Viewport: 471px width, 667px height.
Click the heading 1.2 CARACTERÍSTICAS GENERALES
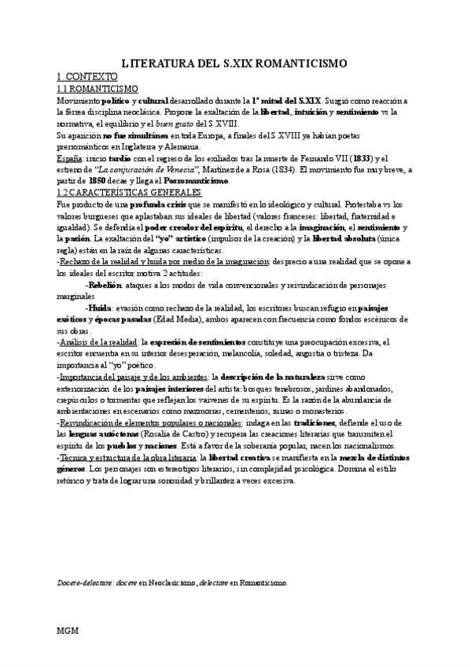tap(130, 192)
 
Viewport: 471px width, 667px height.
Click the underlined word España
tap(69, 158)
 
